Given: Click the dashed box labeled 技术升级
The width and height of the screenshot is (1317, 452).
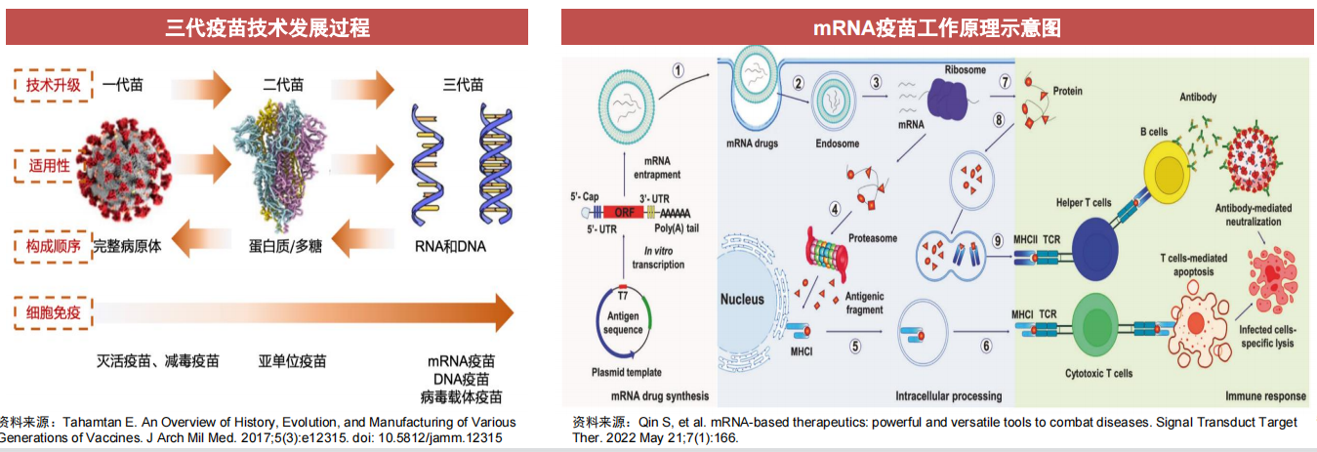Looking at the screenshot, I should tap(54, 86).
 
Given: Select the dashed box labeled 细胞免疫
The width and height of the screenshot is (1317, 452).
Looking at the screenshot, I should tap(54, 313).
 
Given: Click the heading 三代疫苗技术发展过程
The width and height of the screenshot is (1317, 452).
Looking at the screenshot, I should tap(268, 27).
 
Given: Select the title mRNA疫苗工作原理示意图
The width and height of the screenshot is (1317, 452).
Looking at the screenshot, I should tap(937, 27).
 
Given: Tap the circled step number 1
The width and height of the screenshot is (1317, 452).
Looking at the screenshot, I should tap(679, 70).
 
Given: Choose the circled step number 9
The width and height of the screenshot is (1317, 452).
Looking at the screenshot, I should tap(997, 240).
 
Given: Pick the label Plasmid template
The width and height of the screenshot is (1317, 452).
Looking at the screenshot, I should tap(626, 372).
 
